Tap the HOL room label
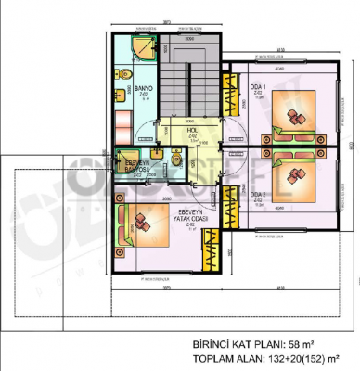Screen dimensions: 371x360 point(192,132)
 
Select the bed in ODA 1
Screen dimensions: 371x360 point(295,118)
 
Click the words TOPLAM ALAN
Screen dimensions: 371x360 point(229,357)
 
